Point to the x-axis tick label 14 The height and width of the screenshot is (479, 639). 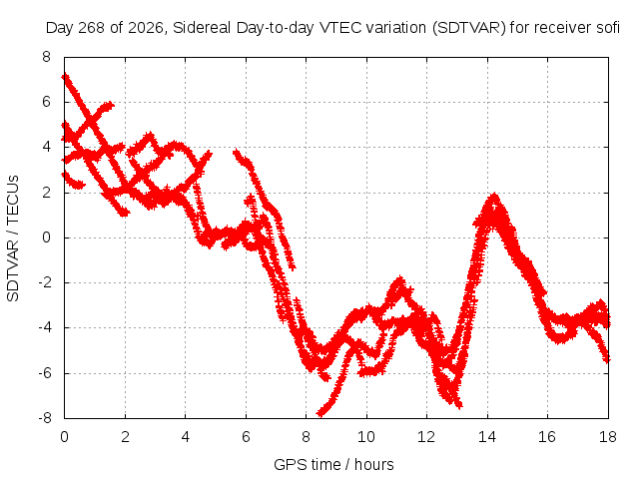[x=487, y=437]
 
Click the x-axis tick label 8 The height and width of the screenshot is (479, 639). [x=307, y=437]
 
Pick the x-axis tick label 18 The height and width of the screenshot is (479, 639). [x=608, y=437]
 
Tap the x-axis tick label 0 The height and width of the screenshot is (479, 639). [x=64, y=437]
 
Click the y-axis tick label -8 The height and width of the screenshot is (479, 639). [x=45, y=418]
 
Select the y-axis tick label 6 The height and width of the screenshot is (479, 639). [x=47, y=102]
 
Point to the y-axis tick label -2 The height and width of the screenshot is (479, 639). [x=45, y=282]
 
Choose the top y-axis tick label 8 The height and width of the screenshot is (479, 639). [x=47, y=57]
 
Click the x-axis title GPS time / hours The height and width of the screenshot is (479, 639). [x=333, y=464]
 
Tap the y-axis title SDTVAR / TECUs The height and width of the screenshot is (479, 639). [x=13, y=239]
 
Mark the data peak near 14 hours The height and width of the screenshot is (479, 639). [x=494, y=196]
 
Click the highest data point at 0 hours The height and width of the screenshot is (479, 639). [x=65, y=77]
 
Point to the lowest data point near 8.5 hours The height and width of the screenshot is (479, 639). [x=320, y=414]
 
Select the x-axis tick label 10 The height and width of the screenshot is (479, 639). [x=366, y=437]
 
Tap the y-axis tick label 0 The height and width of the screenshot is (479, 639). [x=47, y=238]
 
